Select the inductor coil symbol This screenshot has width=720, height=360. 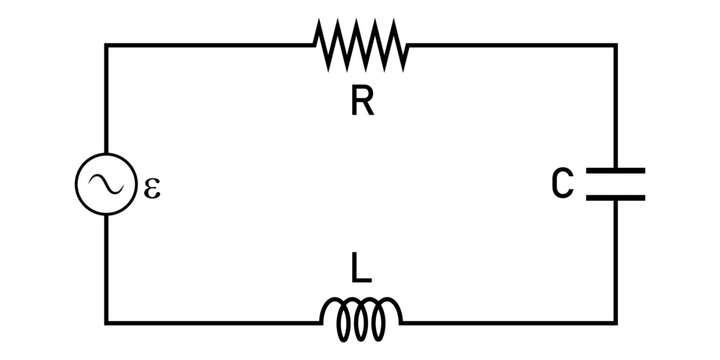point(361,317)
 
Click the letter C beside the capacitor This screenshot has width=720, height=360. point(563,183)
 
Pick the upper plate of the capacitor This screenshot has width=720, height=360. point(615,170)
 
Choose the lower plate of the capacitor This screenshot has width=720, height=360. point(615,196)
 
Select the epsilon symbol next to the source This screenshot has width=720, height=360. point(152,187)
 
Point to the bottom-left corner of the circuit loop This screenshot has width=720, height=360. point(106,322)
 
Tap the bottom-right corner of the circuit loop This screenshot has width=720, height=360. point(615,322)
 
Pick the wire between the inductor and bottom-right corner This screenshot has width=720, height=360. point(510,322)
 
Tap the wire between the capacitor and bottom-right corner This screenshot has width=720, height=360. point(615,260)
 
